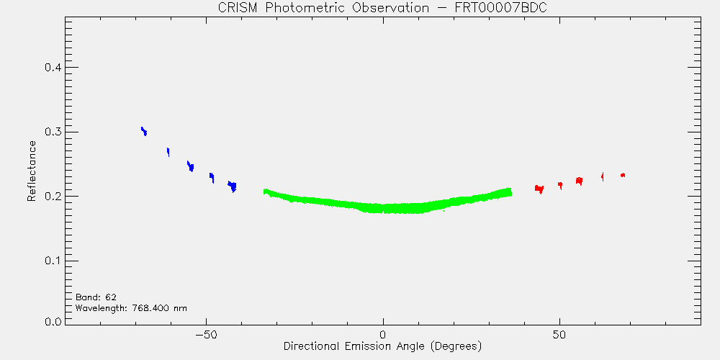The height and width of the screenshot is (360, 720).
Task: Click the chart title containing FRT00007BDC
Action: pos(382,8)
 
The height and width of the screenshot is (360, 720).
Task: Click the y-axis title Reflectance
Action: pos(31,171)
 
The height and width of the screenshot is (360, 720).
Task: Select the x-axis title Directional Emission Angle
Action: pos(382,346)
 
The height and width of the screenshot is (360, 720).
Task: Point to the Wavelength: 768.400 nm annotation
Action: pos(131,307)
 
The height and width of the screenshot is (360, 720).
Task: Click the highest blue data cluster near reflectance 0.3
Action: pos(144,131)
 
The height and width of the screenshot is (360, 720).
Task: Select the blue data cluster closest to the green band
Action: pos(233,186)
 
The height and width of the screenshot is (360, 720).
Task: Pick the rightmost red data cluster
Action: pos(623,175)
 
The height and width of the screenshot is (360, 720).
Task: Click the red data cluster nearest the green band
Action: pos(539,189)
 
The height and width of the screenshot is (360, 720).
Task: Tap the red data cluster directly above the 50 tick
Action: pos(560,185)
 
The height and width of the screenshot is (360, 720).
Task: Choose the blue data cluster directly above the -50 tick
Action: pos(212,177)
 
